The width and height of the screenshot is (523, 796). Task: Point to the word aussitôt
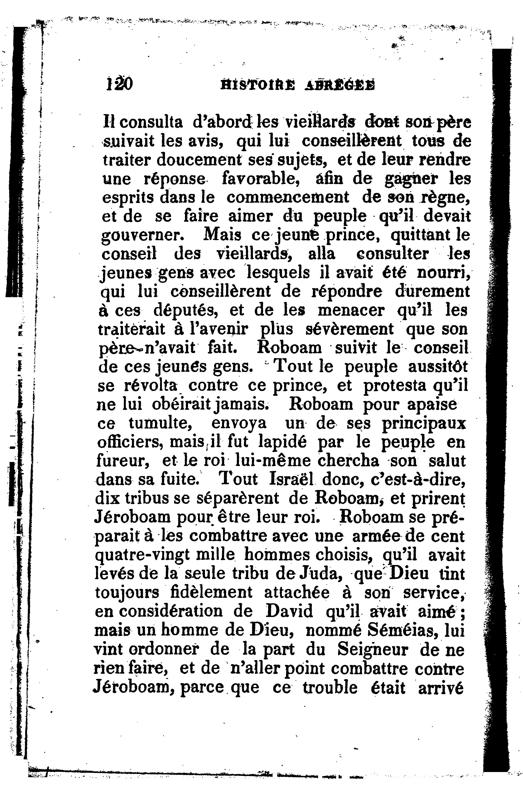pyautogui.click(x=438, y=367)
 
